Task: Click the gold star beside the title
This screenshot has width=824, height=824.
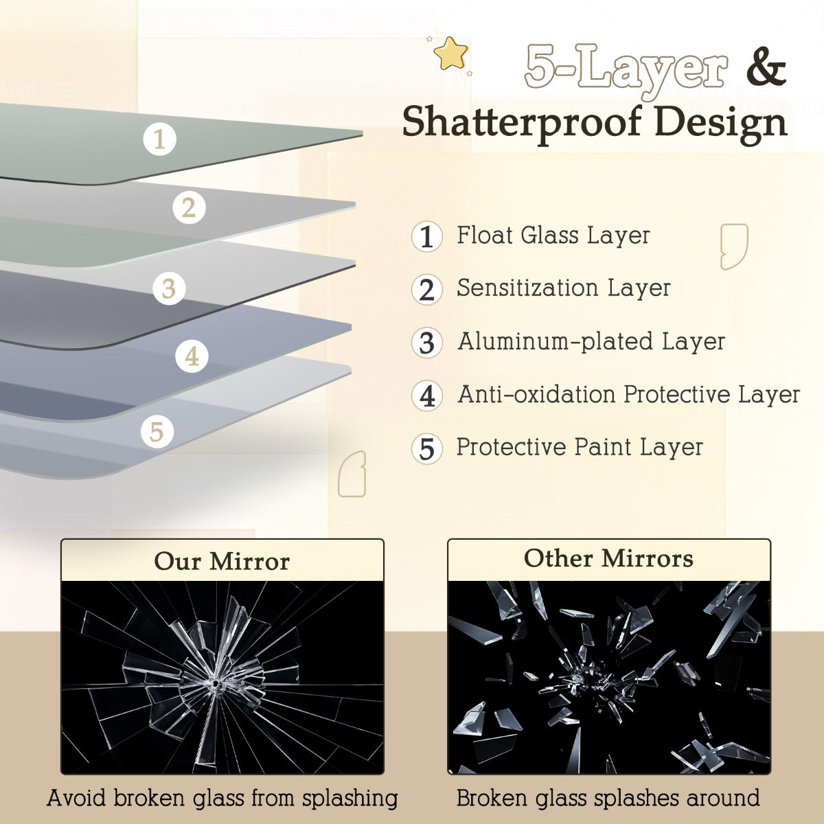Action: pyautogui.click(x=450, y=53)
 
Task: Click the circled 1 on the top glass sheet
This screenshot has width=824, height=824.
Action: pyautogui.click(x=159, y=139)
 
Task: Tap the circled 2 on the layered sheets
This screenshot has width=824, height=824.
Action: pyautogui.click(x=189, y=207)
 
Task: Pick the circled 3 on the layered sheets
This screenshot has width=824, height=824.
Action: pyautogui.click(x=169, y=288)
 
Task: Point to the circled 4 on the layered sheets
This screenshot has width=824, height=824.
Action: pyautogui.click(x=192, y=356)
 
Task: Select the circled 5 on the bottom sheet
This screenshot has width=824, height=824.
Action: pyautogui.click(x=157, y=431)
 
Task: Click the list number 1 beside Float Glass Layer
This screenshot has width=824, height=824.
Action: pyautogui.click(x=426, y=236)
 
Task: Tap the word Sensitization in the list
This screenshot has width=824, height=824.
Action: pyautogui.click(x=527, y=288)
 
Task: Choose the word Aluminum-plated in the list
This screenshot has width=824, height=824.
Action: pyautogui.click(x=555, y=341)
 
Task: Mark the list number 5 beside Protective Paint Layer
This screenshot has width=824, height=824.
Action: pyautogui.click(x=426, y=449)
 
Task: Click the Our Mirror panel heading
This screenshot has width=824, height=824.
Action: pyautogui.click(x=222, y=561)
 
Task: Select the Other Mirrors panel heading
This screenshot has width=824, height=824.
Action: pyautogui.click(x=608, y=558)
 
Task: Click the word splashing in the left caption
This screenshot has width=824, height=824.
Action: pyautogui.click(x=350, y=799)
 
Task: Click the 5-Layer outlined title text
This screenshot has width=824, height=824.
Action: pyautogui.click(x=626, y=69)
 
